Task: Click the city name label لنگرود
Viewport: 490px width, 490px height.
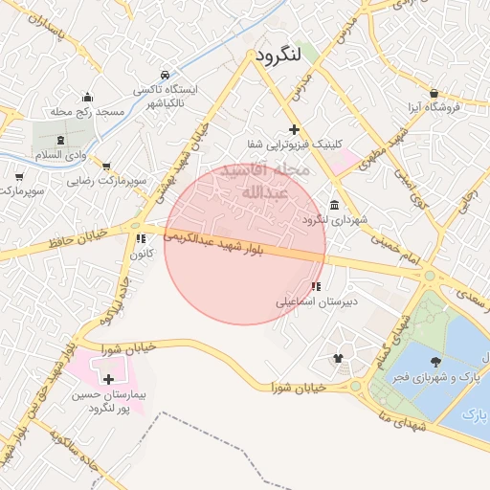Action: (278, 56)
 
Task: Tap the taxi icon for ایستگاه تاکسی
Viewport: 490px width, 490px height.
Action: (166, 75)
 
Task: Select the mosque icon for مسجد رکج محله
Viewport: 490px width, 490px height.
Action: (87, 97)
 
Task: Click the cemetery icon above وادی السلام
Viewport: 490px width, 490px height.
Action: (60, 140)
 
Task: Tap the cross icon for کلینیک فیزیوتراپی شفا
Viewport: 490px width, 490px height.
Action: (294, 129)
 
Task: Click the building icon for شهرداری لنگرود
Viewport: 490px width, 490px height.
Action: (333, 206)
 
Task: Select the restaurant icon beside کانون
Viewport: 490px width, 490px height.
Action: (141, 238)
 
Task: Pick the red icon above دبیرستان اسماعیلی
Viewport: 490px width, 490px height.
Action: (316, 286)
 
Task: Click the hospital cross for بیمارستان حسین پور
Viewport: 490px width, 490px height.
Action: (108, 380)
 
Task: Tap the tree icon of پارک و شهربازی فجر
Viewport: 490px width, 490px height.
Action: (436, 362)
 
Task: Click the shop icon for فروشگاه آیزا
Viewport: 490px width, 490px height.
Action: (434, 94)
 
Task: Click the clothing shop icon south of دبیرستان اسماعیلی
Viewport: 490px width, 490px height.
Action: (338, 358)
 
